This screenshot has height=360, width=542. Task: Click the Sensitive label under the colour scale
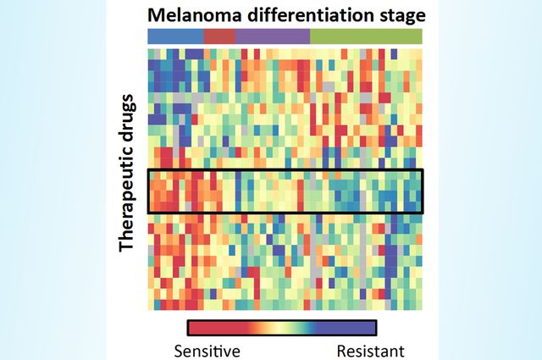point(207,350)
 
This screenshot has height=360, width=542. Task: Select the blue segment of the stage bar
point(175,36)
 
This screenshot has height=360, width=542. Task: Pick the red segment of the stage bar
point(219,36)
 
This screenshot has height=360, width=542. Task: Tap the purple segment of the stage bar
point(273,36)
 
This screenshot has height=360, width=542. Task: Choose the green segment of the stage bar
point(366,36)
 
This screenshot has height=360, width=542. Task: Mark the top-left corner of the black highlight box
point(148,170)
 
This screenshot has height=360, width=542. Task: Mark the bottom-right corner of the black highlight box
point(422,212)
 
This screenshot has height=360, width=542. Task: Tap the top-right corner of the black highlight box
point(422,170)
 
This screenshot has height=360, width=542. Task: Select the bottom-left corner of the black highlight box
point(148,212)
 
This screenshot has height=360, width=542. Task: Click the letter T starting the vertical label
point(128,246)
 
